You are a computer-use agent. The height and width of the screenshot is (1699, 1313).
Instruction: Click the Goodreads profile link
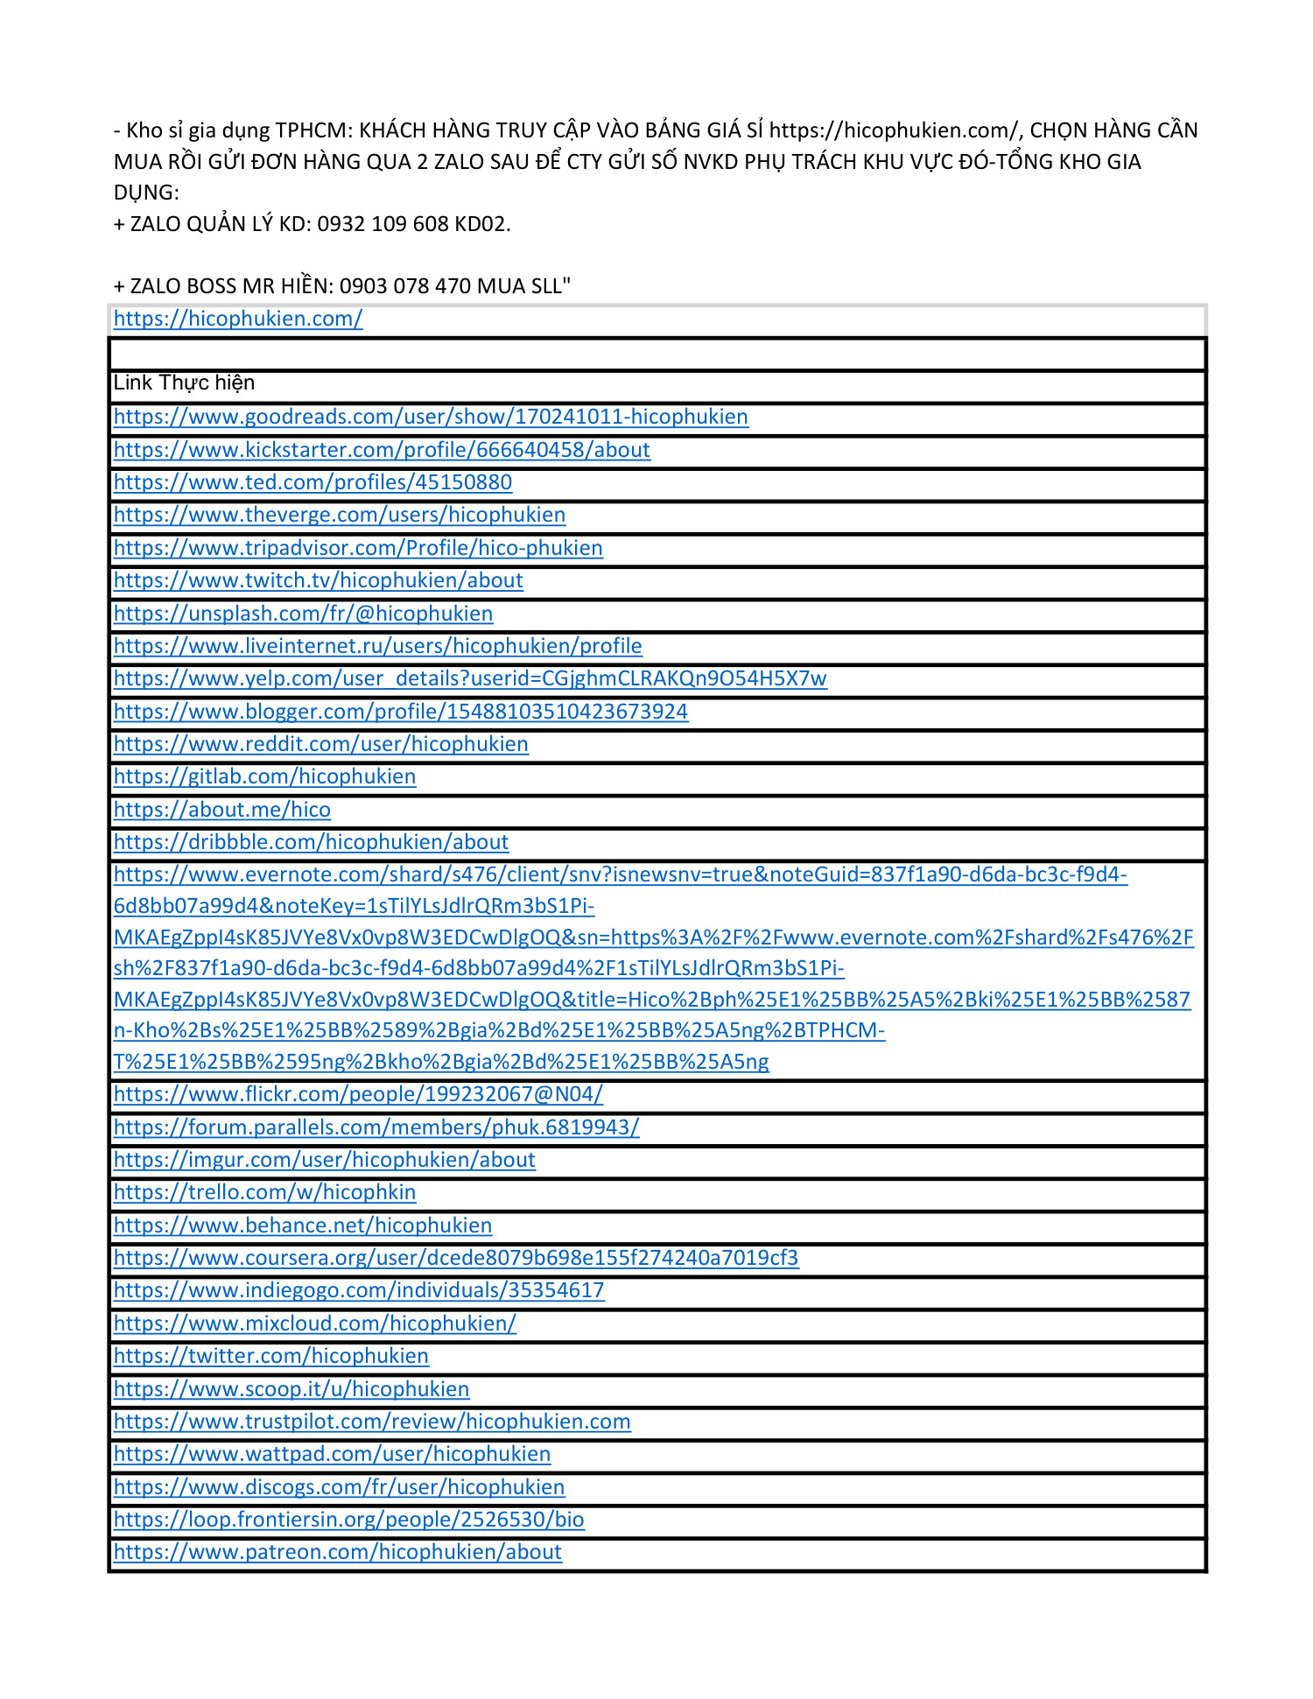tap(431, 417)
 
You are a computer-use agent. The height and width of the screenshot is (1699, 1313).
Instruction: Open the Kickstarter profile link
tap(382, 450)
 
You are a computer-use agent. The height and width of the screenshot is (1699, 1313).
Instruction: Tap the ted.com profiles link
tap(312, 482)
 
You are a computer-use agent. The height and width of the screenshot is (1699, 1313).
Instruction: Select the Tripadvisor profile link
tap(358, 548)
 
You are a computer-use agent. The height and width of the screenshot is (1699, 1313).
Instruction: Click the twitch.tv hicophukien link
tap(318, 580)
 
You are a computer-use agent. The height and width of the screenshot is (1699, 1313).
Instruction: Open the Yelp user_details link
tap(470, 678)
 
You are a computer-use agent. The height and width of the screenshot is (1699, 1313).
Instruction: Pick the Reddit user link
tap(320, 744)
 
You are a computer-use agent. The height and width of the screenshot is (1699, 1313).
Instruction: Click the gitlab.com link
tap(264, 776)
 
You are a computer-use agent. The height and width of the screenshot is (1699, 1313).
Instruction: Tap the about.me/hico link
tap(222, 810)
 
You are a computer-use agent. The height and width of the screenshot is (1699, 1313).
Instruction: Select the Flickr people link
tap(358, 1094)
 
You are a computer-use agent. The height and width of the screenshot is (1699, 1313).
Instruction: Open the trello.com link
tap(264, 1192)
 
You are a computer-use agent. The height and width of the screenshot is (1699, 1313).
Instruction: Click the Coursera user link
tap(456, 1258)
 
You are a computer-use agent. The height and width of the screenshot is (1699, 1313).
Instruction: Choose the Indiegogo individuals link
tap(359, 1290)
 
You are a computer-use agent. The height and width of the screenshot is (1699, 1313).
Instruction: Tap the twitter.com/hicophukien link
tap(271, 1356)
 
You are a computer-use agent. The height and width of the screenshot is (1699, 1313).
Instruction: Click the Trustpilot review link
tap(372, 1422)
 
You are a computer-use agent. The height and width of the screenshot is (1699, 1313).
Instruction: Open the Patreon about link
tap(337, 1552)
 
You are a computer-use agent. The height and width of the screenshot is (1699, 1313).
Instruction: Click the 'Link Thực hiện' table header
tap(184, 383)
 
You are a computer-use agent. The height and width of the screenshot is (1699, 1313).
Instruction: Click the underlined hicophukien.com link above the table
tap(238, 319)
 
